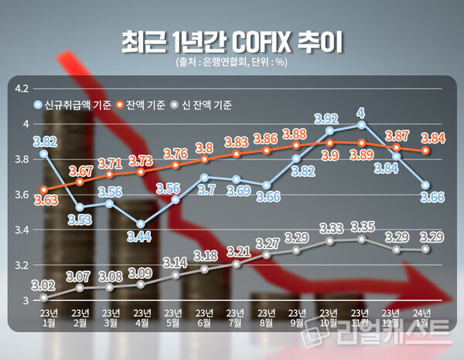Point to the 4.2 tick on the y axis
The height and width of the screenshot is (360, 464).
click(x=22, y=89)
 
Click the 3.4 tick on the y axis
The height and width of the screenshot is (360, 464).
click(x=22, y=230)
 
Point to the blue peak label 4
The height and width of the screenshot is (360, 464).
click(x=360, y=113)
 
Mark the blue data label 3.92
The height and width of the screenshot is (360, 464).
click(x=327, y=118)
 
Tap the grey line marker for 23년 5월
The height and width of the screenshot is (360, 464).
click(x=176, y=275)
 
